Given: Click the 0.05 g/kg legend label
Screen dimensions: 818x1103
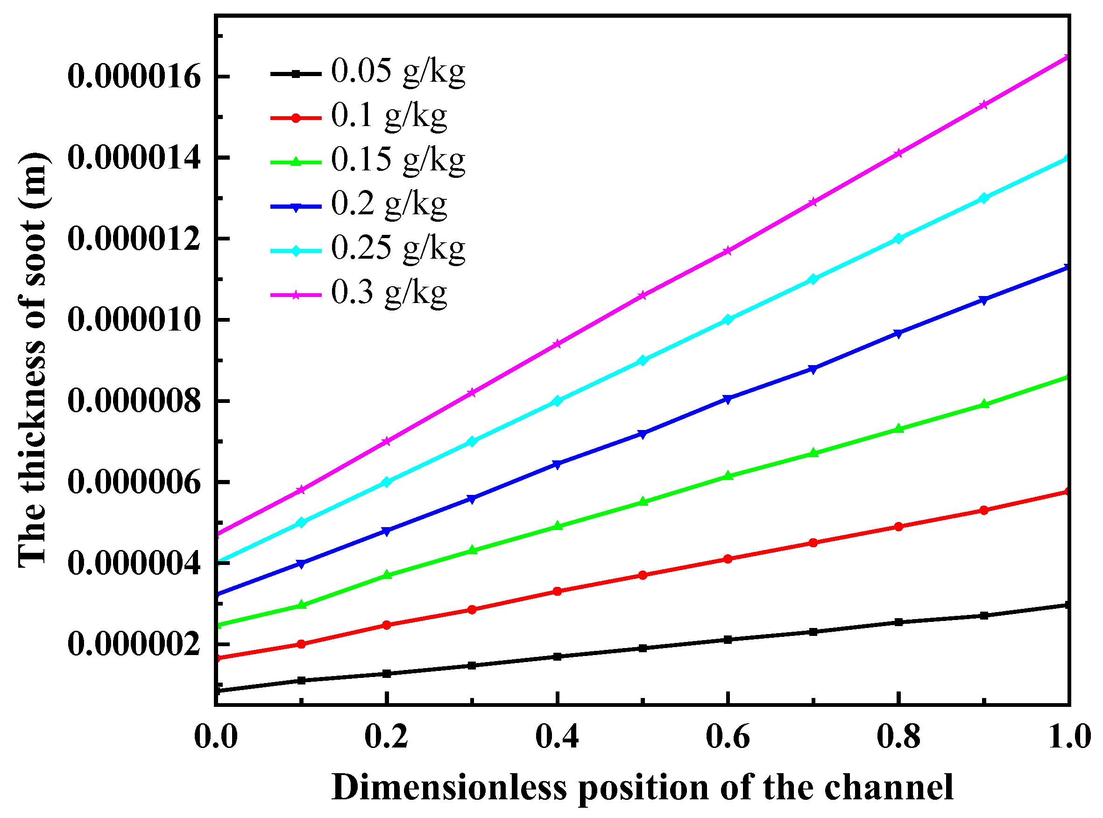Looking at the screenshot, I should [x=398, y=72].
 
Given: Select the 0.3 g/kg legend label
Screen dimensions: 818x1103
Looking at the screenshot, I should [x=389, y=294].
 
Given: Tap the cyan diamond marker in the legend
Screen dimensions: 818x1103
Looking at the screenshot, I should [x=296, y=251].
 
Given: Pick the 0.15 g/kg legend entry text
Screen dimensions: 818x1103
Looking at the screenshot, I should [x=398, y=161].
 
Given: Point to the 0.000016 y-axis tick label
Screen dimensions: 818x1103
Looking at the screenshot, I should [x=134, y=77].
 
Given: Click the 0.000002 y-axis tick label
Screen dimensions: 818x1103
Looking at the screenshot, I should [x=134, y=644].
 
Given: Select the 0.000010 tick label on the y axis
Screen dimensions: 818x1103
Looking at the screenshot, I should [x=134, y=320].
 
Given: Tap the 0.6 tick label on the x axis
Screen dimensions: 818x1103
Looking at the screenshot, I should [x=728, y=737].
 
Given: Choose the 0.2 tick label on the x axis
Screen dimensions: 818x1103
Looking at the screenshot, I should [x=386, y=737].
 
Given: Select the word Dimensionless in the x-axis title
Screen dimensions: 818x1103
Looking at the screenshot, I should [x=449, y=788].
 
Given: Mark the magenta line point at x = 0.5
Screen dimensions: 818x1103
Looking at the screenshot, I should [x=643, y=296].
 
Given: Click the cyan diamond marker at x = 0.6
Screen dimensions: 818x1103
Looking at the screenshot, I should [x=728, y=320].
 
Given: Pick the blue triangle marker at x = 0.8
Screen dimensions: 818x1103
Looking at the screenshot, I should [x=898, y=334].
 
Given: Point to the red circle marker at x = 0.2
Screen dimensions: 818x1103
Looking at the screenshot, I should [x=387, y=625].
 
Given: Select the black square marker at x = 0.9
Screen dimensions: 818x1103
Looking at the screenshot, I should [x=984, y=615].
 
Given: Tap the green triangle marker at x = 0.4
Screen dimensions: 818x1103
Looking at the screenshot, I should [x=557, y=526].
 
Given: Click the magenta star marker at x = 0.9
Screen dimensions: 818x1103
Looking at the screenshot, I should [x=984, y=105].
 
